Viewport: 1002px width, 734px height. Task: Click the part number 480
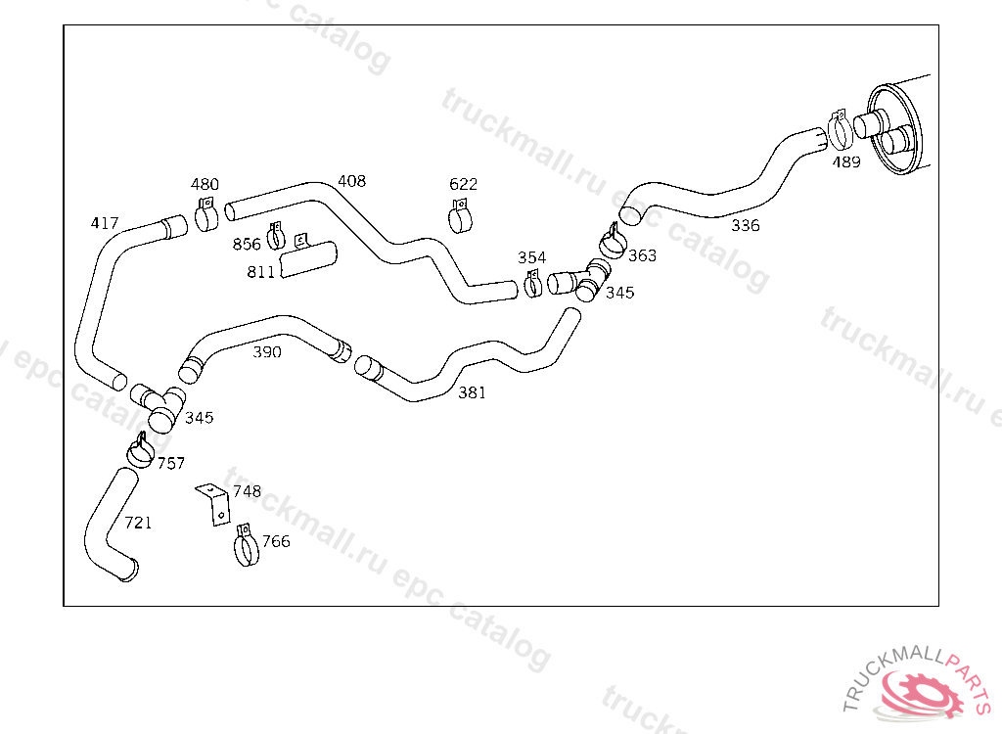coord(205,184)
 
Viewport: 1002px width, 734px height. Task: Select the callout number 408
coord(351,181)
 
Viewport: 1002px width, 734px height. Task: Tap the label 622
coord(463,184)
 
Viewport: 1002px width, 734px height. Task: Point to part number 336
coord(745,226)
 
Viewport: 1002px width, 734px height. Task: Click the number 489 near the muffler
coord(846,162)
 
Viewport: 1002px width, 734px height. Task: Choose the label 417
coord(105,223)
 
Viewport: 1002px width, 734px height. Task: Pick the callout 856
coord(247,244)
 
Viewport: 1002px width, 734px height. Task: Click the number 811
coord(260,272)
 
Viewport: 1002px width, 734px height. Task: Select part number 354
coord(531,257)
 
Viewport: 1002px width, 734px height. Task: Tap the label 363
coord(642,256)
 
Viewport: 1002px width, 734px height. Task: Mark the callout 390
coord(267,352)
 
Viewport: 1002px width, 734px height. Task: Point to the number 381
coord(472,393)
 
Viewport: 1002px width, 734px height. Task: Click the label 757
coord(171,464)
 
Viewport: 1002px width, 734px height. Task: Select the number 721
coord(138,523)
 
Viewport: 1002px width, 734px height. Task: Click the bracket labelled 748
coord(213,502)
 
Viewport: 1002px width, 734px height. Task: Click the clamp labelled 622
coord(461,216)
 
